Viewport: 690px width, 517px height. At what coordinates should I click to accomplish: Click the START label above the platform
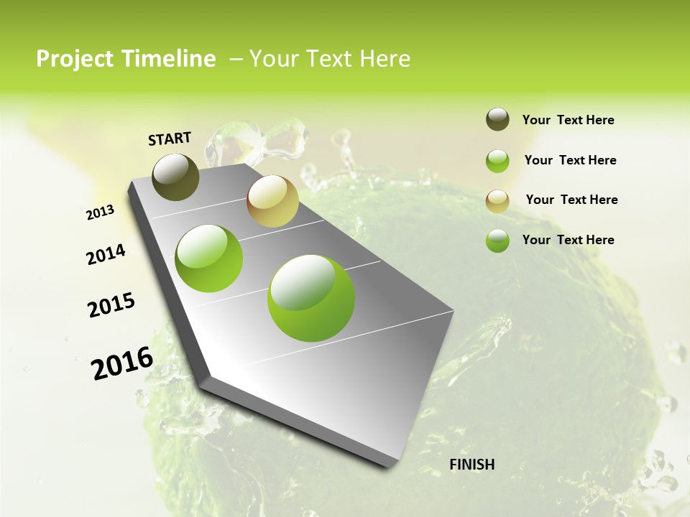(170, 139)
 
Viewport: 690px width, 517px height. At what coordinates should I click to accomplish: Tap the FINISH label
(471, 465)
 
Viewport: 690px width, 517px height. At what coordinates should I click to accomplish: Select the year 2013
(101, 213)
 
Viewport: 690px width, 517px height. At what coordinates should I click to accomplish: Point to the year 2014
(106, 255)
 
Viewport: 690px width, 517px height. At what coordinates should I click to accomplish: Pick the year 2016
(122, 363)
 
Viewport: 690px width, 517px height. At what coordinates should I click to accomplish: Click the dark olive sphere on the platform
(175, 177)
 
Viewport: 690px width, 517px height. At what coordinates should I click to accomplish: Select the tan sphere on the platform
(272, 201)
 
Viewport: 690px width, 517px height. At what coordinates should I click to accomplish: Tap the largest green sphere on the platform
(311, 298)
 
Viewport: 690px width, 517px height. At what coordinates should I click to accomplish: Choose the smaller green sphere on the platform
(209, 258)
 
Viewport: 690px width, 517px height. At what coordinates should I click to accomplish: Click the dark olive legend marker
(497, 119)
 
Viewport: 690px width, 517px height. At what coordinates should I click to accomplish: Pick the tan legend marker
(497, 200)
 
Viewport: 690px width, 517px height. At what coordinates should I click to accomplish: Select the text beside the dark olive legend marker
(568, 120)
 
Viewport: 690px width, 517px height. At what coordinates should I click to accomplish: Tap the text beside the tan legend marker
(571, 200)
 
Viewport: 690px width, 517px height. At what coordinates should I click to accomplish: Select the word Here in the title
(385, 59)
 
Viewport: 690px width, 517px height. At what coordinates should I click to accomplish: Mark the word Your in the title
(274, 59)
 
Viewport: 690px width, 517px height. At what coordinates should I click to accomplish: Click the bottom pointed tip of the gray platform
(388, 465)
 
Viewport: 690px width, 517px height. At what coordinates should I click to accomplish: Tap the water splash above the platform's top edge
(259, 144)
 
